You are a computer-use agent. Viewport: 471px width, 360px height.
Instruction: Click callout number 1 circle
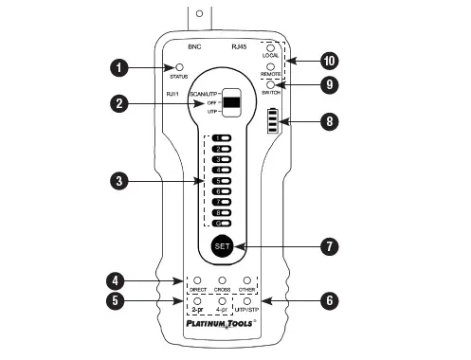118,67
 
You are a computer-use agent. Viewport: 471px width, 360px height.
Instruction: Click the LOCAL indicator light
271,47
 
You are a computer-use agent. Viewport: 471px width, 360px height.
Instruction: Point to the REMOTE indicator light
271,66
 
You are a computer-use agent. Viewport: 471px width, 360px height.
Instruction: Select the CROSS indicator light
223,281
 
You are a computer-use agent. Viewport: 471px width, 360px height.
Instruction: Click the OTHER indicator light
247,281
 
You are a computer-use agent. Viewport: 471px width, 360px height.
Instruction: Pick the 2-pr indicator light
197,302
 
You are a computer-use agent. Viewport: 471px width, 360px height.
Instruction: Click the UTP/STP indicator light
247,302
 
